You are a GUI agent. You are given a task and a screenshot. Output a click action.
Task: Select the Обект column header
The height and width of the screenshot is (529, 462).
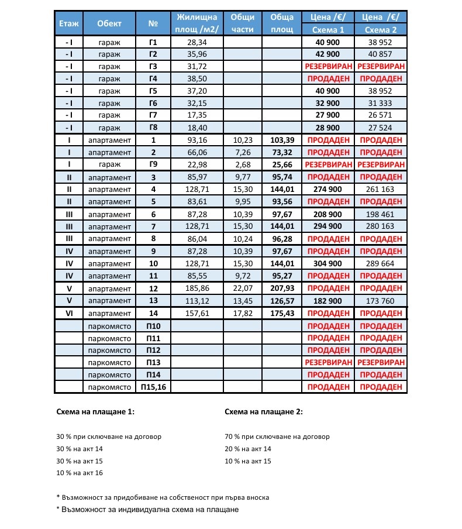(109, 23)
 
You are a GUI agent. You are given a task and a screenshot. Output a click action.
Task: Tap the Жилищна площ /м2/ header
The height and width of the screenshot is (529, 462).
(196, 23)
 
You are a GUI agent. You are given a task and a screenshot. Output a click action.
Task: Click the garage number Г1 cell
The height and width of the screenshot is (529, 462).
(153, 42)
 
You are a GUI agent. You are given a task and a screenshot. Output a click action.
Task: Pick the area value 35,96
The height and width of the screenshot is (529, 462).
(196, 54)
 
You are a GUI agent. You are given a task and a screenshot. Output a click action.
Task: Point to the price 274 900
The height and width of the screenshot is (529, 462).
(327, 190)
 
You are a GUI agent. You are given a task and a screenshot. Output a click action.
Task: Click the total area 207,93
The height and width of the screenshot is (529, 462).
(281, 288)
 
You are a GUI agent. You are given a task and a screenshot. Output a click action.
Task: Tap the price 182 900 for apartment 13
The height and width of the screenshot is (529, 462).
(327, 301)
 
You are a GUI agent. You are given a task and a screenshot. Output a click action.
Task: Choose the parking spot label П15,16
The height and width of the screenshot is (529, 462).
(153, 387)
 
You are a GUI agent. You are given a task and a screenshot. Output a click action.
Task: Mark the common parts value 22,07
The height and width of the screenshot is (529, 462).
(242, 288)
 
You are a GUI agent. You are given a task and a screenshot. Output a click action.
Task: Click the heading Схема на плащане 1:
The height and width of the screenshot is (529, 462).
(95, 412)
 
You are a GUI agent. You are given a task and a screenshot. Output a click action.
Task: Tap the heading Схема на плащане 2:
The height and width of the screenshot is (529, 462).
(264, 412)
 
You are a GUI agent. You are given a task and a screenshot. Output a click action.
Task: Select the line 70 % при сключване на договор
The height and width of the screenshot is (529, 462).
(277, 437)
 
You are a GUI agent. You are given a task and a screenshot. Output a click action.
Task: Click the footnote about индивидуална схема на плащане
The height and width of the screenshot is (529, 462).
(147, 509)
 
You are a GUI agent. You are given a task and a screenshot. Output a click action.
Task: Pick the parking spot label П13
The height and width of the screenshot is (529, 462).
(153, 363)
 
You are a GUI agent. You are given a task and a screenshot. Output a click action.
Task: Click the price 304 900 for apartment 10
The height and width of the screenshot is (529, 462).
(327, 264)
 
